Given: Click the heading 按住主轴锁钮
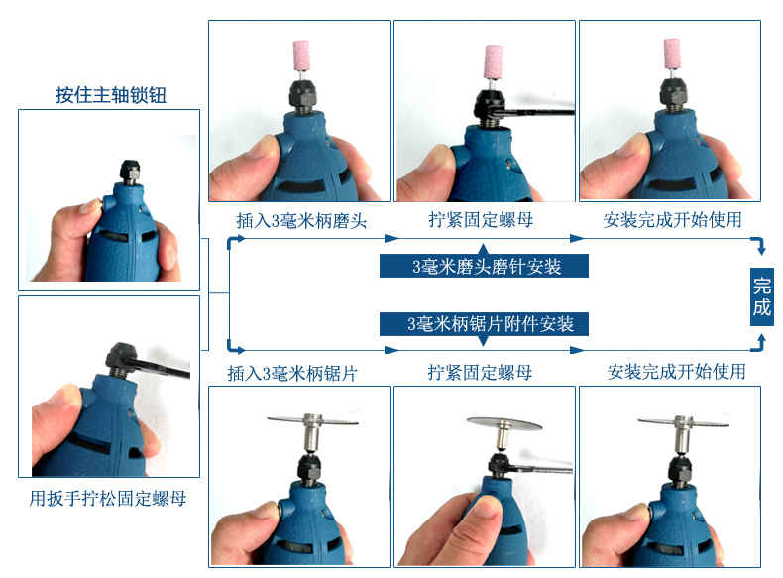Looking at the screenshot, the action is pos(111,95).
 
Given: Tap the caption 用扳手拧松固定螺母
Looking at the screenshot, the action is pos(108,498).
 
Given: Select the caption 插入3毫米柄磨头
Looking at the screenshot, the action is pos(301,220).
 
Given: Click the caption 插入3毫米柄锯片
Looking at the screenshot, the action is pos(292,373).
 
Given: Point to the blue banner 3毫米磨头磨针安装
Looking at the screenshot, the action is pos(484,266).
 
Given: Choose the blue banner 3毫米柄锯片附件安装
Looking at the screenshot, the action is pos(484,324).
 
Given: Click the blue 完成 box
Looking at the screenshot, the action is pos(762,296).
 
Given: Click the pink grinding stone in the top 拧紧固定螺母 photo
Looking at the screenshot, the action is pos(494,61).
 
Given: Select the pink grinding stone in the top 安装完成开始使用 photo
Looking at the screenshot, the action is pos(672,52).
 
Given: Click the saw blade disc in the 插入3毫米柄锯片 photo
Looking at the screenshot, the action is pos(312,420).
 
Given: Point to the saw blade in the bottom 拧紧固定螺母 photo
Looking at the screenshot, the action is pos(504,426).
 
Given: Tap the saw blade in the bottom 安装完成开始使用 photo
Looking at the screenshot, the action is pos(683,421).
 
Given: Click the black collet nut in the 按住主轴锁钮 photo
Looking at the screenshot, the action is pos(130,169).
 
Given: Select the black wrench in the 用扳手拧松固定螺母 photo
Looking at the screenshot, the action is pos(163,367).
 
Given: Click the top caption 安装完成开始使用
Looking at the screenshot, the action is pos(672,220).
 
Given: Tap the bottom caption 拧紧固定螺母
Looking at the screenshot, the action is pos(480,372).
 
